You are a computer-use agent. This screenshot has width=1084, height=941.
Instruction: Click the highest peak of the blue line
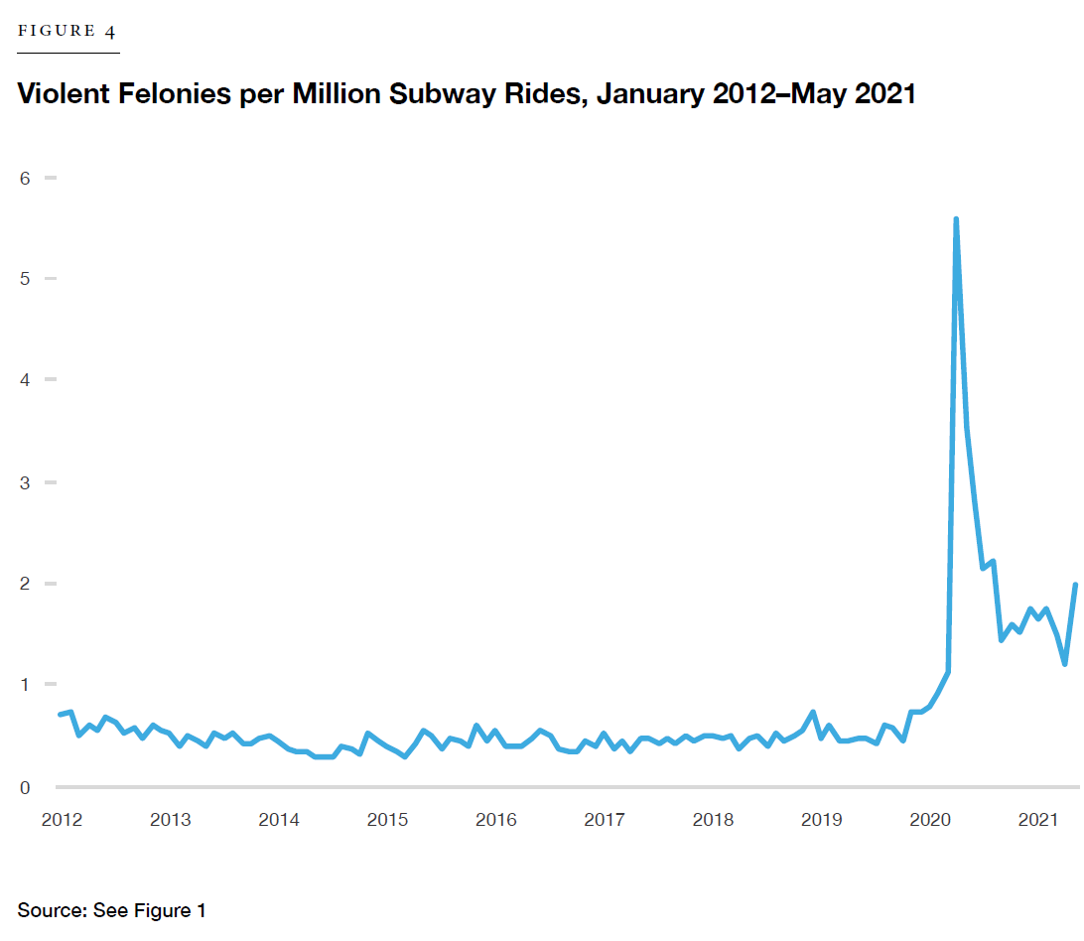pos(956,219)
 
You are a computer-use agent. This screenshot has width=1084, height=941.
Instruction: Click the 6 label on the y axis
pos(24,178)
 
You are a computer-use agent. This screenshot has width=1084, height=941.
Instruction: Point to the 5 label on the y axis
pos(24,279)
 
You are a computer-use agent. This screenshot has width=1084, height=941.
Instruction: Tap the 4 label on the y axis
pos(24,380)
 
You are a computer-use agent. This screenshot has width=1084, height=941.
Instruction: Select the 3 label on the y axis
pos(24,482)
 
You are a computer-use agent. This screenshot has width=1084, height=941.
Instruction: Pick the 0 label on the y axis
pos(24,787)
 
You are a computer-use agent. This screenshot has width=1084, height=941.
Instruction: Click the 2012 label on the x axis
pos(62,820)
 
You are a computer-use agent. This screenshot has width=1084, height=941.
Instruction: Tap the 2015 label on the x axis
pos(387,820)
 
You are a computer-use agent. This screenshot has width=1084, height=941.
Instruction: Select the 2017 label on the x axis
pos(604,820)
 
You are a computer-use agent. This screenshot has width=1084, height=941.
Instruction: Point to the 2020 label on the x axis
pos(930,820)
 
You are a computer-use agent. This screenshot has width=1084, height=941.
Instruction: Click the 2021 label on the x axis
pos(1038,820)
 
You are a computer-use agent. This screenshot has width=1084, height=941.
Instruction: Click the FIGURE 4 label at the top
pos(68,31)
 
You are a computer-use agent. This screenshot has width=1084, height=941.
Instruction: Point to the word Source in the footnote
pos(50,910)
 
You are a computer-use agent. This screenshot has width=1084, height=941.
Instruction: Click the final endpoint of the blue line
pos(1075,585)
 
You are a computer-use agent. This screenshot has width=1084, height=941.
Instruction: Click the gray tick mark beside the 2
pos(51,584)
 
